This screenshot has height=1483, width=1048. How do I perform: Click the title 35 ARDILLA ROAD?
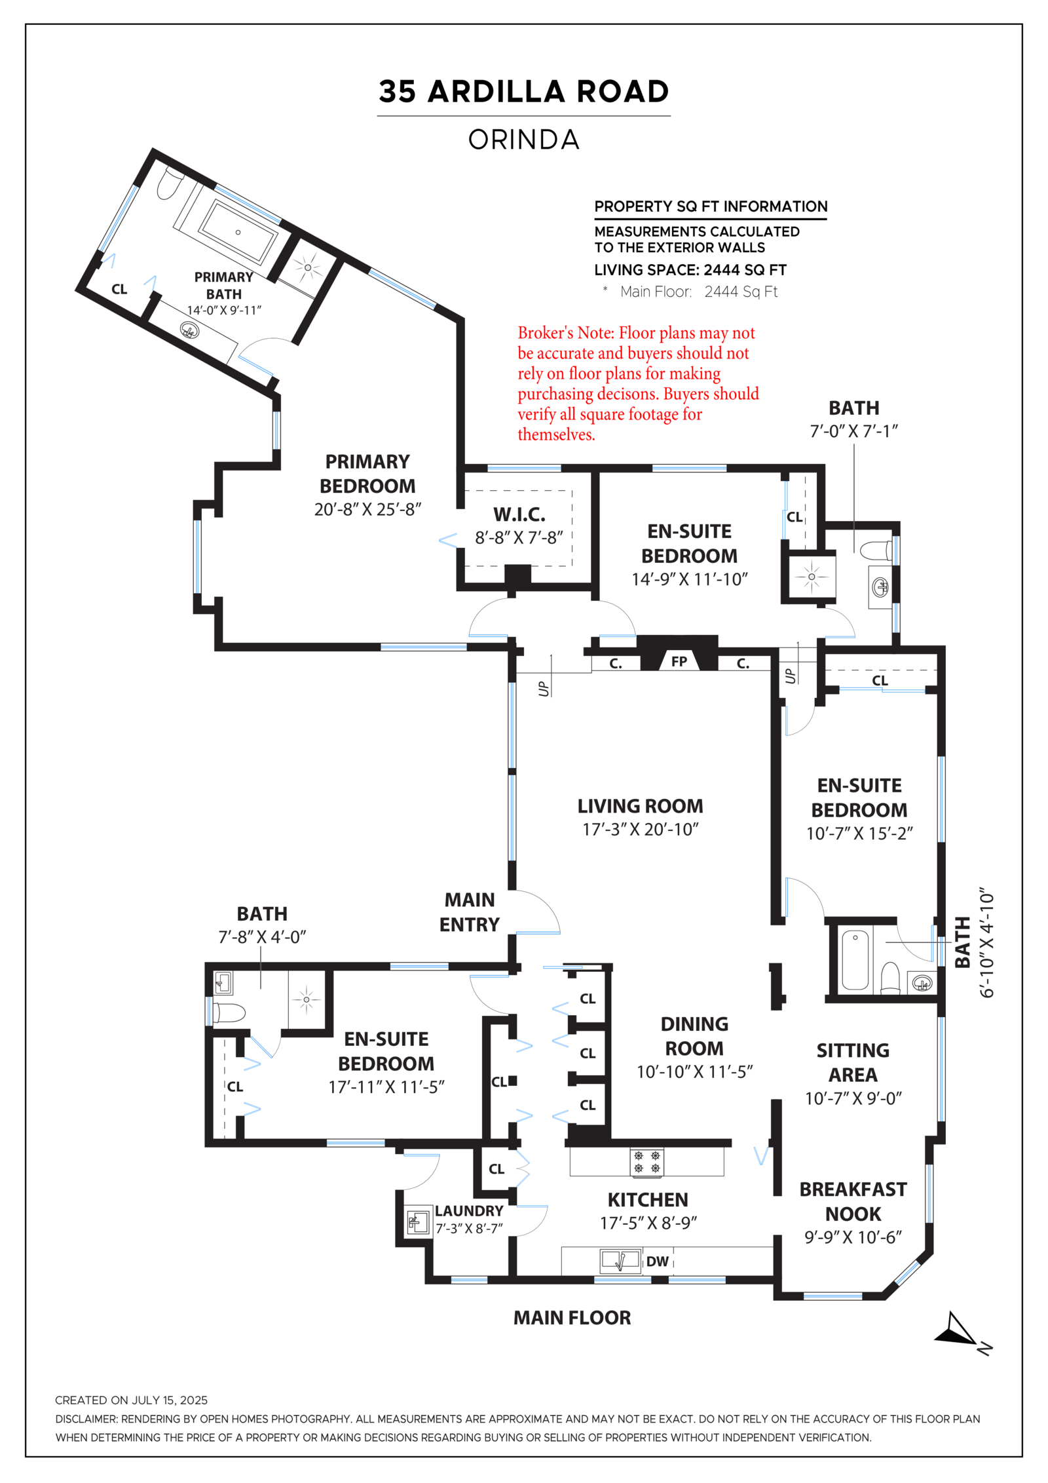(x=523, y=92)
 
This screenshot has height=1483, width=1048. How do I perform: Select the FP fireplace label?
(x=679, y=661)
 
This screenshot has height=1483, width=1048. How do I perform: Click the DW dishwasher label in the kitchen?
(x=657, y=1262)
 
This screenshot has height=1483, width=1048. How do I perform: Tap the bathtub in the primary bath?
(x=237, y=231)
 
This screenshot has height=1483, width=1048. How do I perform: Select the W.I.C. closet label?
(x=519, y=514)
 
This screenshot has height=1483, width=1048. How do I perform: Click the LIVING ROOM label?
(x=640, y=806)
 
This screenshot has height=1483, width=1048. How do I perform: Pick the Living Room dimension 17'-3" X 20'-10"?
(x=640, y=830)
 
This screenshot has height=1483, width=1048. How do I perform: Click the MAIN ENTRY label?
(x=469, y=912)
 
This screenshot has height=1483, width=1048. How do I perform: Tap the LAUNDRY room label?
(x=469, y=1210)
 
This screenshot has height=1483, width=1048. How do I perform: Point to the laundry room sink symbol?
(x=417, y=1222)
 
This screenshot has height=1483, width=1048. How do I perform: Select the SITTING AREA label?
(x=853, y=1062)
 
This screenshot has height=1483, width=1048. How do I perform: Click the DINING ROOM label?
(x=694, y=1036)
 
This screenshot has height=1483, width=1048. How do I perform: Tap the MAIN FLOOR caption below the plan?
(x=572, y=1318)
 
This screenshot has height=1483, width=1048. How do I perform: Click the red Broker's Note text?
(x=637, y=383)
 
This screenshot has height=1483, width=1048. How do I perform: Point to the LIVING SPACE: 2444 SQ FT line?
(x=690, y=270)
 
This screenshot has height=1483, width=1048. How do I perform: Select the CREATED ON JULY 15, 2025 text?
(x=131, y=1400)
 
